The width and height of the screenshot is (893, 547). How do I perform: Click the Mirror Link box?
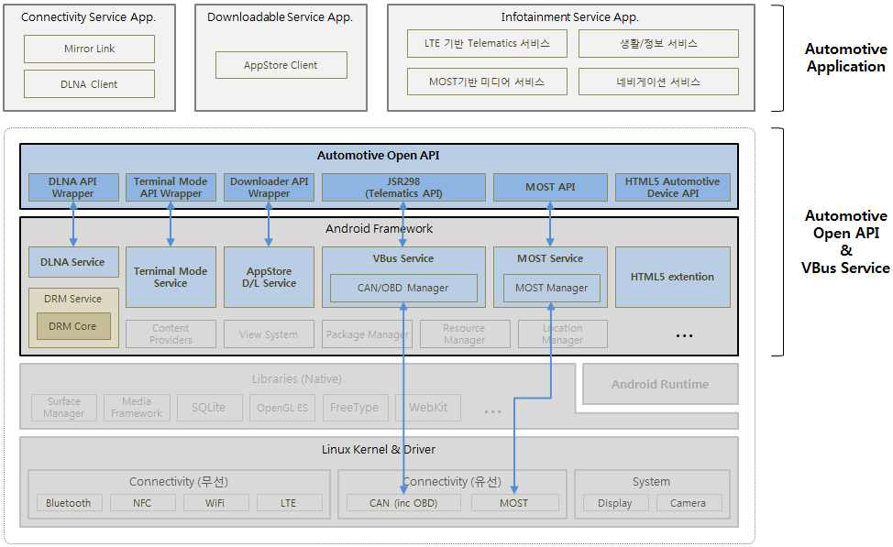[89, 49]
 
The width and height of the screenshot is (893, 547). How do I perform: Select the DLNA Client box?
[89, 84]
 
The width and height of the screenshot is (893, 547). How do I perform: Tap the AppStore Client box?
[281, 65]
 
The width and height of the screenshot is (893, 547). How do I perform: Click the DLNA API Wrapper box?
[73, 187]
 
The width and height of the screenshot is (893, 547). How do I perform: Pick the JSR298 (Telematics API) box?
[403, 187]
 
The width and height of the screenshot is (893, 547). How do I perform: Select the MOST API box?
[550, 187]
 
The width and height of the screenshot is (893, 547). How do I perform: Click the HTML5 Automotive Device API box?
[673, 187]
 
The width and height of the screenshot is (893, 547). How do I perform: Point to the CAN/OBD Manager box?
[403, 288]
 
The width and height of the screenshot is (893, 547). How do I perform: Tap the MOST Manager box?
[551, 288]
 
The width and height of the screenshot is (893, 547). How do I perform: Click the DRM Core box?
[73, 326]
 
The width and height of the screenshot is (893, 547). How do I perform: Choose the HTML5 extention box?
[672, 277]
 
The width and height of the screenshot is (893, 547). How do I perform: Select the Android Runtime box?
[660, 384]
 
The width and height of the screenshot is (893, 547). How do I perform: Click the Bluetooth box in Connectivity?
[69, 503]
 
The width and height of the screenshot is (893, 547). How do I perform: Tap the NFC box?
[142, 503]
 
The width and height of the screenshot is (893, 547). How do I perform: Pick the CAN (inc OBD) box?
[404, 503]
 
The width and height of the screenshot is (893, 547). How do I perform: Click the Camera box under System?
[688, 503]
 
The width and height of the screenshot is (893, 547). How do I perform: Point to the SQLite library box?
[209, 407]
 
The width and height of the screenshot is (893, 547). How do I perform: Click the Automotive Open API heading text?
[379, 156]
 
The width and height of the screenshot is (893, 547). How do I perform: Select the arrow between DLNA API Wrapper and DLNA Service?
[73, 224]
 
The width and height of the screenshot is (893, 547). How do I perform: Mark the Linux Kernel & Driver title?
[379, 449]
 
